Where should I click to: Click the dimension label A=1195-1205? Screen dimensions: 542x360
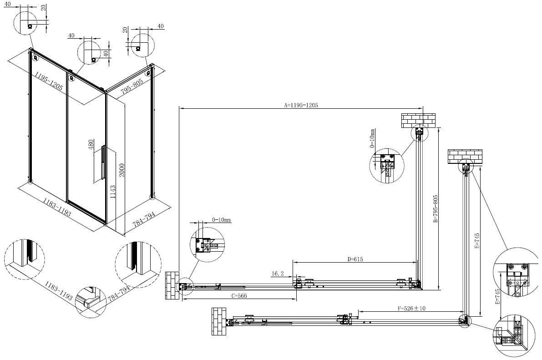click(x=301, y=105)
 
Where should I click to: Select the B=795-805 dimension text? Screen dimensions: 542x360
click(x=436, y=208)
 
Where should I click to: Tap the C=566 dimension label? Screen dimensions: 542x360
click(x=239, y=296)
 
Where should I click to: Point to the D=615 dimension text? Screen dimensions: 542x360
click(x=355, y=259)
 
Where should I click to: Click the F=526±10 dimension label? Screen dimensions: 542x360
click(x=411, y=308)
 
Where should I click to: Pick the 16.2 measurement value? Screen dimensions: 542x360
click(x=277, y=274)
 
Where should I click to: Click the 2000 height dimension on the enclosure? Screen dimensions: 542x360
click(x=122, y=170)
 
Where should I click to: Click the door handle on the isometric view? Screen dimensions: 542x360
click(x=103, y=162)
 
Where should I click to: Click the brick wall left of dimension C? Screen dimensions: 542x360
click(x=172, y=286)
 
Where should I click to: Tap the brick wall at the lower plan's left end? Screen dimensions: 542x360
click(x=219, y=322)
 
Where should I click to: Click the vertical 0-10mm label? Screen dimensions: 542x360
click(x=372, y=138)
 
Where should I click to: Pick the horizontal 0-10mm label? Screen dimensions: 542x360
click(x=221, y=220)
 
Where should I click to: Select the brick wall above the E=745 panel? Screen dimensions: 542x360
click(x=465, y=156)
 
